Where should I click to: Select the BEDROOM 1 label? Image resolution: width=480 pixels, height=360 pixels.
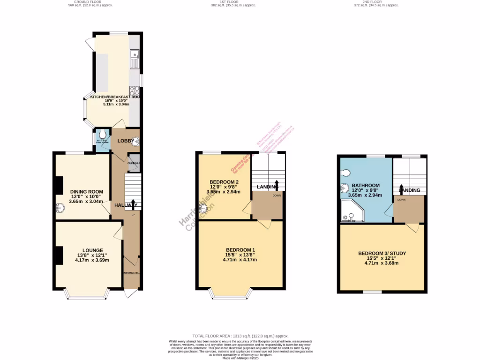tap(240, 249)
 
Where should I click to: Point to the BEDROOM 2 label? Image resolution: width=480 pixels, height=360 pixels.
tap(224, 182)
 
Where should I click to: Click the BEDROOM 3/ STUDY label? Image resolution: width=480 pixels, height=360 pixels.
tap(382, 253)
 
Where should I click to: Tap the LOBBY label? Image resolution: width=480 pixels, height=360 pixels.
tap(125, 141)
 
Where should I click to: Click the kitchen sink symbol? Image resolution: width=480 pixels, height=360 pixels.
tap(135, 58)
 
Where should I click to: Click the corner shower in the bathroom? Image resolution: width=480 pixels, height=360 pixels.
tap(349, 211)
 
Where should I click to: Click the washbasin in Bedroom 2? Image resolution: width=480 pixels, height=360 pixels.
tap(203, 209)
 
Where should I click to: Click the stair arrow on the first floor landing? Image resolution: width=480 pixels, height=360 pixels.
tap(277, 184)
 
